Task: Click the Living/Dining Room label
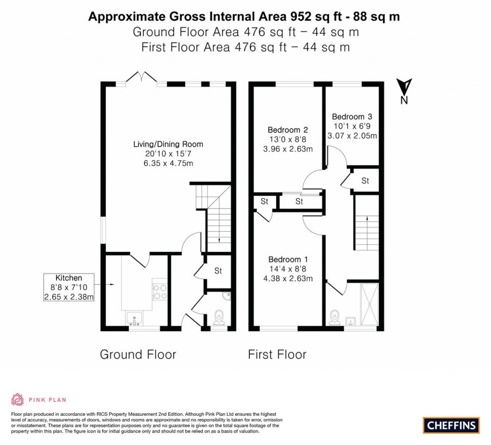click(168, 144)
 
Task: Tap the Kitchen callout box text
click(69, 287)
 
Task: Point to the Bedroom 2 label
click(288, 129)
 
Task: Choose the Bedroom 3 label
click(351, 117)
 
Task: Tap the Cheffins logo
click(451, 425)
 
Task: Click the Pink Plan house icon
click(17, 399)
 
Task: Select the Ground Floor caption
click(138, 354)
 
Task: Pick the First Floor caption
click(277, 354)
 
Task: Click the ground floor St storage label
click(218, 271)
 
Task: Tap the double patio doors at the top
click(142, 78)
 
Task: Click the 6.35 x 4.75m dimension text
click(168, 163)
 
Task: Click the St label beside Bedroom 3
click(365, 181)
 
